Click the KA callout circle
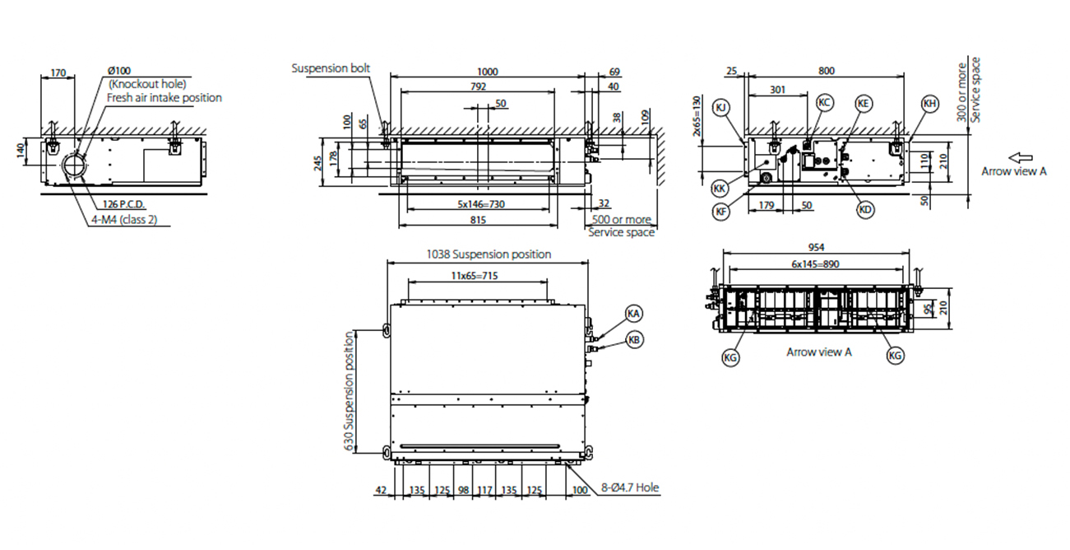click(x=633, y=314)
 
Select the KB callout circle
click(x=634, y=339)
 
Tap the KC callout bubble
click(x=824, y=103)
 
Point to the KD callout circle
click(x=865, y=209)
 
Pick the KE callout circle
click(x=863, y=104)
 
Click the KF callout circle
click(x=720, y=211)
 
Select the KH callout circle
click(x=929, y=104)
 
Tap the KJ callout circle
click(x=720, y=108)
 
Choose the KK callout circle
click(x=720, y=188)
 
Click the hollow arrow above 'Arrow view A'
click(x=1021, y=157)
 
